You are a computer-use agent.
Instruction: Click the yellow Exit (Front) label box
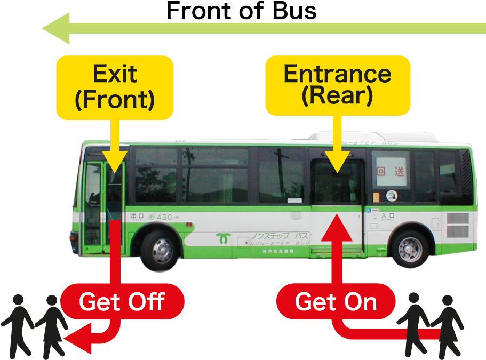tap(115, 87)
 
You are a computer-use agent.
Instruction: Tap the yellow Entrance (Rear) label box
tap(337, 85)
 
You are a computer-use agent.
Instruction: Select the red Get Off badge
tap(122, 302)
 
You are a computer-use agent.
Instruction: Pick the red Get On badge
tap(336, 302)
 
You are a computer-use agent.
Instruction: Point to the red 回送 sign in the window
tap(391, 171)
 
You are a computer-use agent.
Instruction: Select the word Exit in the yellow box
tap(115, 74)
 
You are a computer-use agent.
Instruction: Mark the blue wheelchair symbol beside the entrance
tap(369, 211)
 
